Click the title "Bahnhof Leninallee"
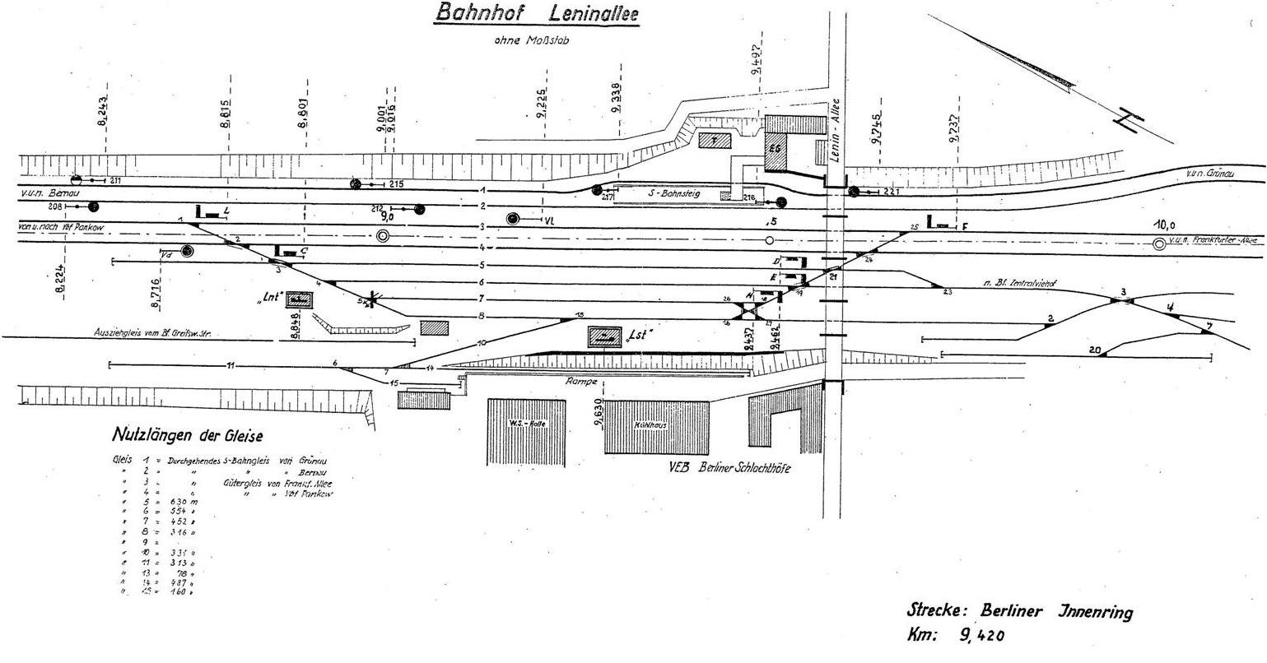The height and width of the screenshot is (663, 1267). tap(537, 14)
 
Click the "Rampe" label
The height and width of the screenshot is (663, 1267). tap(580, 382)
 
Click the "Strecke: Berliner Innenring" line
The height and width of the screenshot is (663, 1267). tap(1019, 611)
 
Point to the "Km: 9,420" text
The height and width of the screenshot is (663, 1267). tap(955, 636)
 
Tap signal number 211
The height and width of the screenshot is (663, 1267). tap(115, 180)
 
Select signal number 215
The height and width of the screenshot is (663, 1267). tap(396, 183)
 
